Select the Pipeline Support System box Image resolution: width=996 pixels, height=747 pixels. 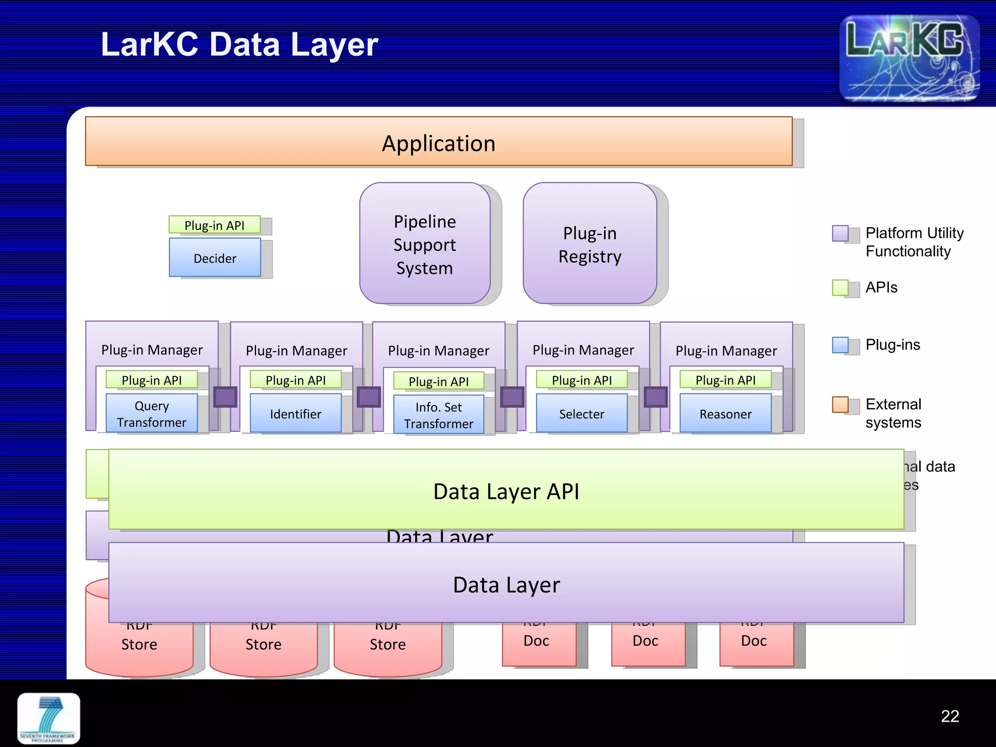425,244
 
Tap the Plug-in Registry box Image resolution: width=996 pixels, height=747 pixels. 589,244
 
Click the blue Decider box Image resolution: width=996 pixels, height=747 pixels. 214,258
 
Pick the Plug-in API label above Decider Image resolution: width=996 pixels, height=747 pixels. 214,225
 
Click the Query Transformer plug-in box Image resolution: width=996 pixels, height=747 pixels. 151,413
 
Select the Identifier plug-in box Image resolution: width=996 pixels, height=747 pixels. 295,413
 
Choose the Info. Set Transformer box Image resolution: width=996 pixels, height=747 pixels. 438,415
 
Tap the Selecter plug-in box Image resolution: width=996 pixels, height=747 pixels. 581,413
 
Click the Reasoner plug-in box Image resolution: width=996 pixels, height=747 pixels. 725,413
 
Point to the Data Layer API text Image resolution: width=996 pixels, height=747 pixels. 506,491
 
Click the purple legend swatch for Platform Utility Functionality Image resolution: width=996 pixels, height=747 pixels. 840,233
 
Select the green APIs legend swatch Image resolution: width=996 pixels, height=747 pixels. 840,287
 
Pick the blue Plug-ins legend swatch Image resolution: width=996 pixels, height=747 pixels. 840,345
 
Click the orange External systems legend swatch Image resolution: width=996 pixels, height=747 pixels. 840,404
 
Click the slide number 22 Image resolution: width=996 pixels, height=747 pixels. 949,716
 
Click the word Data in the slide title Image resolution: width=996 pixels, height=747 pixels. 244,45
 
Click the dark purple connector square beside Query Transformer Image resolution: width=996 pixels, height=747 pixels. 225,397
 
